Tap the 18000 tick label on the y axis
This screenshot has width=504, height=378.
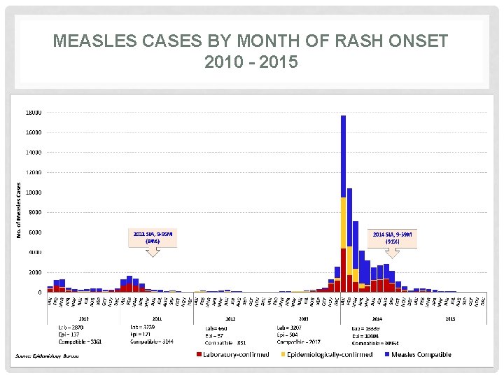tap(34, 112)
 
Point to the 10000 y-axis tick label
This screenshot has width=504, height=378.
tap(34, 192)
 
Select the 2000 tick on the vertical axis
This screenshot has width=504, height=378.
tap(35, 272)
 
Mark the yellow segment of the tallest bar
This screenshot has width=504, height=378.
tap(343, 223)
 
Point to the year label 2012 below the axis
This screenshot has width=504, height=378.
tap(230, 318)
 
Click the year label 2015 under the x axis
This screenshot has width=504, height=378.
tap(450, 318)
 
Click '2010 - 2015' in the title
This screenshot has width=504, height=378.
tap(251, 62)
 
